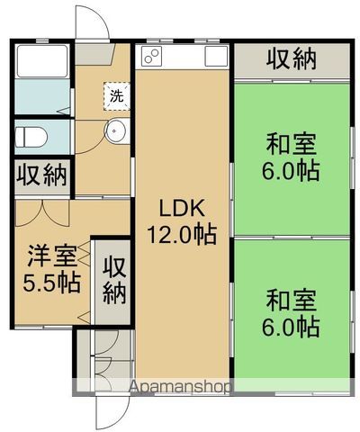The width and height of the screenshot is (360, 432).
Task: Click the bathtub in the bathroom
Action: pos(42,63)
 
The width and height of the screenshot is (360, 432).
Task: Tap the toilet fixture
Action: pos(31,137)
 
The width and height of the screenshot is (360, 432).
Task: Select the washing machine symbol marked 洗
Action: pos(116,94)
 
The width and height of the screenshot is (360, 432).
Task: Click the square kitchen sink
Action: pos(216,57)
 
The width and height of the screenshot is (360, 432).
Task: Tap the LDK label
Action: pos(183,208)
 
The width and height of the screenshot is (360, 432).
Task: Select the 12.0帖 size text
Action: pos(183,236)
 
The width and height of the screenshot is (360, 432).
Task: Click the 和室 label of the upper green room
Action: pos(291,143)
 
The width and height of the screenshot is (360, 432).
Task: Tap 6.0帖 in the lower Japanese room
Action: pos(291,326)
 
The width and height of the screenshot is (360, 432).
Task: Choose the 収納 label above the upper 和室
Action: pos(291,59)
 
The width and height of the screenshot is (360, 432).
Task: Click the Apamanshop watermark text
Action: pos(181,386)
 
